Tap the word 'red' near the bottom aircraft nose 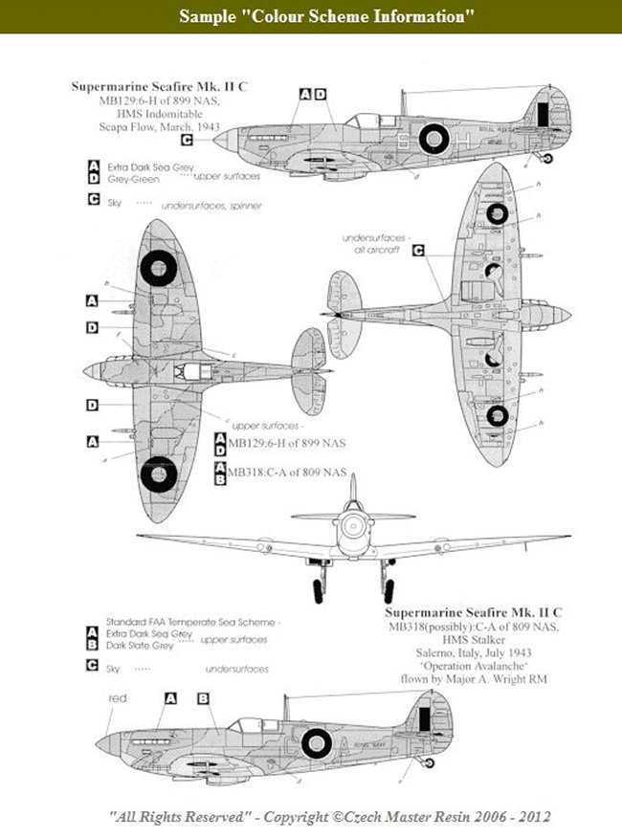tap(119, 698)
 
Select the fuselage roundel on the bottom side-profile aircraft tap(317, 741)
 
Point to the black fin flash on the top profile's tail tap(543, 113)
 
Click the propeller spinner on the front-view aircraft tap(352, 524)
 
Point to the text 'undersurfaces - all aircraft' tap(377, 244)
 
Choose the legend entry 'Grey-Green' tap(129, 177)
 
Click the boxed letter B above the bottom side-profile tap(203, 698)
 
